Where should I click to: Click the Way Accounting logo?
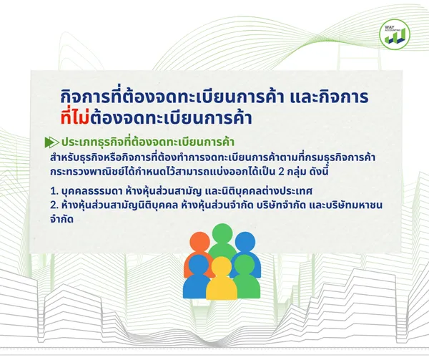pyautogui.click(x=395, y=34)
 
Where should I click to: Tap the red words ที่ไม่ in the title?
pyautogui.click(x=75, y=117)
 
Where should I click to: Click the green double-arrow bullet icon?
pyautogui.click(x=51, y=142)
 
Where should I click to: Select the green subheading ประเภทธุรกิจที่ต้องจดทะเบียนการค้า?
pyautogui.click(x=148, y=142)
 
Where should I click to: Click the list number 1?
pyautogui.click(x=53, y=191)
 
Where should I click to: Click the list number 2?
pyautogui.click(x=53, y=205)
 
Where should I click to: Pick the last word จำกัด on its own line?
pyautogui.click(x=61, y=219)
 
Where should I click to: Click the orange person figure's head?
pyautogui.click(x=199, y=242)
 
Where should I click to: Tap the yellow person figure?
pyautogui.click(x=222, y=278)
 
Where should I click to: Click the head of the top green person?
pyautogui.click(x=222, y=234)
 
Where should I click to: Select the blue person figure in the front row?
pyautogui.click(x=197, y=276)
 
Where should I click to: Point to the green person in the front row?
pyautogui.click(x=245, y=276)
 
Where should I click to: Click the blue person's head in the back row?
pyautogui.click(x=245, y=242)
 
